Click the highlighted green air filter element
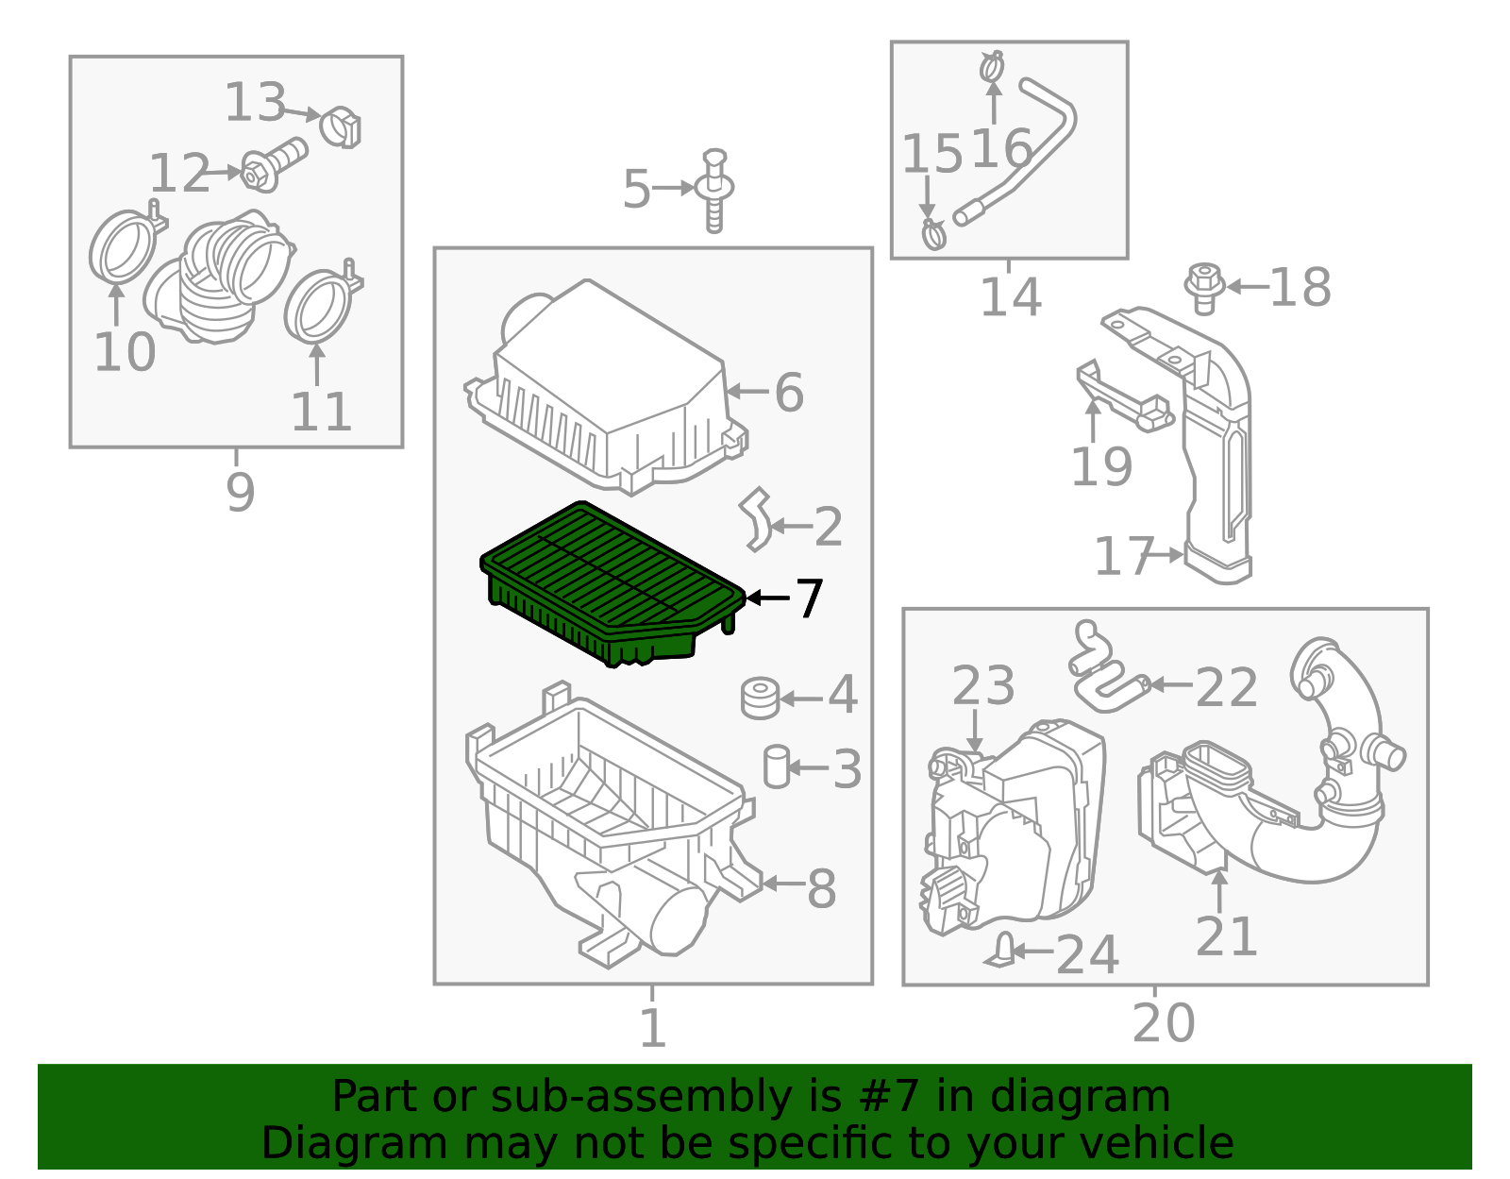point(612,583)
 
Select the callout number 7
point(808,598)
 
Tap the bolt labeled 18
point(1204,288)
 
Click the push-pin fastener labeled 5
point(714,190)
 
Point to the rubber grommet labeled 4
point(761,698)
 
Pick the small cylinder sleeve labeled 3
point(776,766)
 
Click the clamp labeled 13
point(341,127)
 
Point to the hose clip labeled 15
point(933,234)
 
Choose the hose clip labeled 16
point(992,67)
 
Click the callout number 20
point(1164,1023)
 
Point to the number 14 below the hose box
point(1010,296)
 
